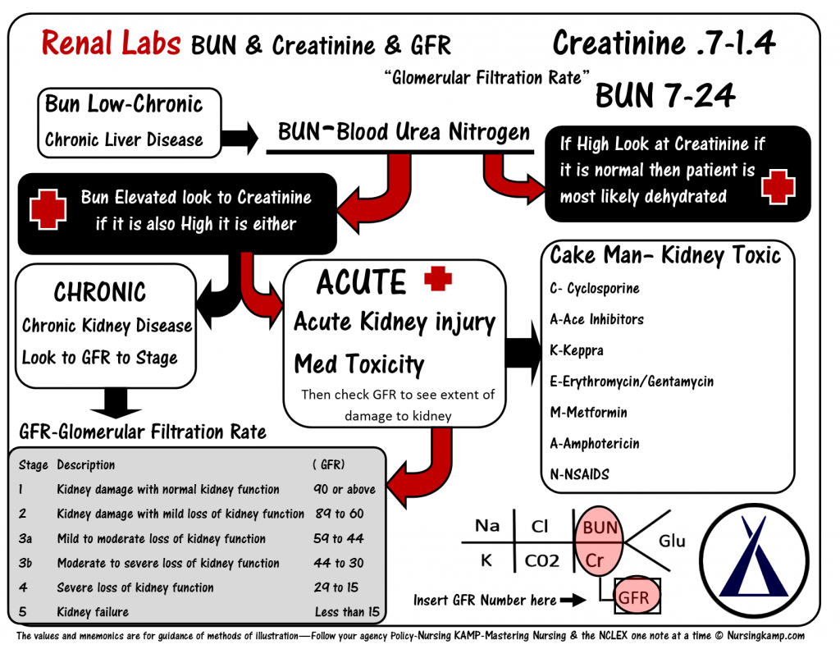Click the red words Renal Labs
click(111, 43)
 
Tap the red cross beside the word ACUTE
click(438, 279)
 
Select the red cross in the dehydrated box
click(778, 186)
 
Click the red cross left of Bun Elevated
click(48, 209)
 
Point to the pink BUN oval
click(599, 542)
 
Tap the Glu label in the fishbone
click(672, 541)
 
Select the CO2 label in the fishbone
click(541, 560)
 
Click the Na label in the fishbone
click(487, 526)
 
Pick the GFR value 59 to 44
click(339, 538)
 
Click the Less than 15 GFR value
click(347, 611)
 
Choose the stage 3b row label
click(25, 563)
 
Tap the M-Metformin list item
click(588, 412)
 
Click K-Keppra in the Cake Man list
click(577, 350)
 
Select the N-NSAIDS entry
click(579, 474)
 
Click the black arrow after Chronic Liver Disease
click(240, 138)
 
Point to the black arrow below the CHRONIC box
click(116, 403)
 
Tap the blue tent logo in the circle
click(753, 557)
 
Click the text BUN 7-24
click(664, 95)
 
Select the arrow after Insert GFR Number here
click(573, 601)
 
